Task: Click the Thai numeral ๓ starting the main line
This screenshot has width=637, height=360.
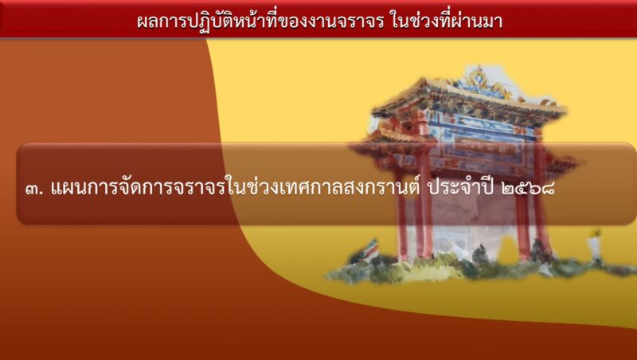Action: [32, 190]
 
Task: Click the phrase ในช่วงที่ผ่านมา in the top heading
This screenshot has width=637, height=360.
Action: [447, 21]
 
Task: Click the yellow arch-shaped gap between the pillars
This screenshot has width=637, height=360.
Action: [508, 248]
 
